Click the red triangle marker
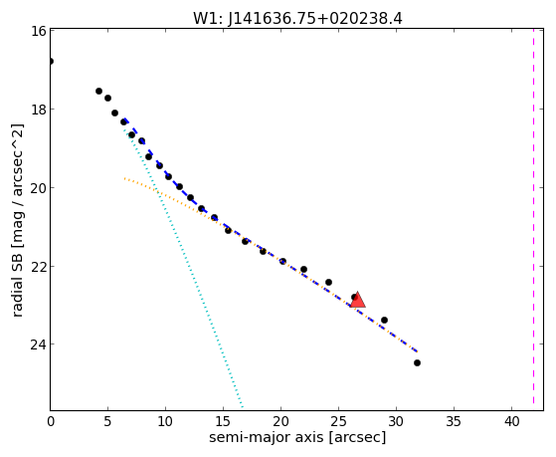coord(357,300)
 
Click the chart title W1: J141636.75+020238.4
coord(297,19)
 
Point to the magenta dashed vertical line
coord(533,219)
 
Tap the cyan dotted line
coord(183,269)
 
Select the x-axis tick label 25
coord(338,421)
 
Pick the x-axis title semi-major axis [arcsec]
coord(297,437)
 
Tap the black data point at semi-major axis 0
coord(51,61)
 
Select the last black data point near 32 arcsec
coord(417,362)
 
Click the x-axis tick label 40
coord(511,421)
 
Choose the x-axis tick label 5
coord(107,421)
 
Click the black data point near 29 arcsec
coord(384,320)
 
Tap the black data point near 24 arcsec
coord(328,283)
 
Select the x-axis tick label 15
coord(223,421)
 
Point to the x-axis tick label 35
coord(454,421)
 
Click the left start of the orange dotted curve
coord(124,178)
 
